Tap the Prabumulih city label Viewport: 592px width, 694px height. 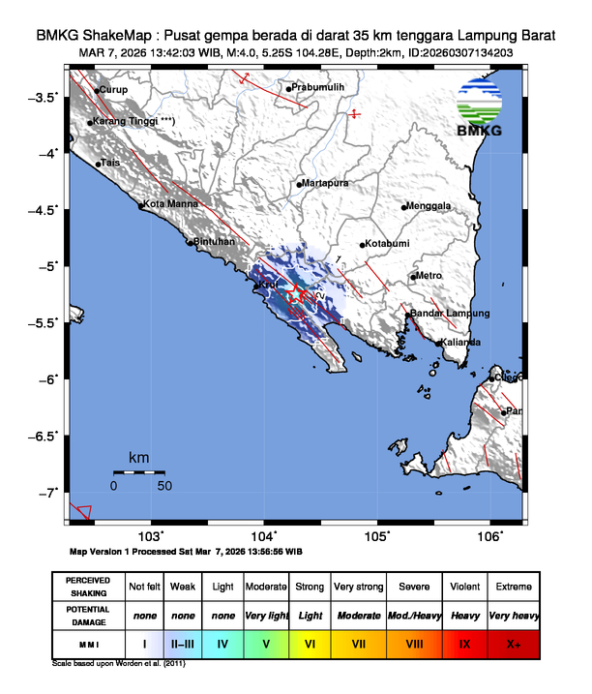pyautogui.click(x=319, y=88)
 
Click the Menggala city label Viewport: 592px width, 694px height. pyautogui.click(x=430, y=206)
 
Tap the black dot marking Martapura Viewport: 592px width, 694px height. pyautogui.click(x=300, y=183)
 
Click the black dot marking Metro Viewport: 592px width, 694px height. pyautogui.click(x=413, y=278)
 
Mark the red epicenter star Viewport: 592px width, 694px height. pyautogui.click(x=301, y=294)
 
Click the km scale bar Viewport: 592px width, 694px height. pyautogui.click(x=138, y=471)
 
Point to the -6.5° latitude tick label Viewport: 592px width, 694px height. pyautogui.click(x=43, y=437)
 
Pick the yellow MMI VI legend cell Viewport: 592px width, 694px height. pyautogui.click(x=311, y=643)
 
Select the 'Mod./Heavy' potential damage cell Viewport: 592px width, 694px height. pyautogui.click(x=410, y=615)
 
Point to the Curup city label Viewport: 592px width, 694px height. pyautogui.click(x=113, y=90)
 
